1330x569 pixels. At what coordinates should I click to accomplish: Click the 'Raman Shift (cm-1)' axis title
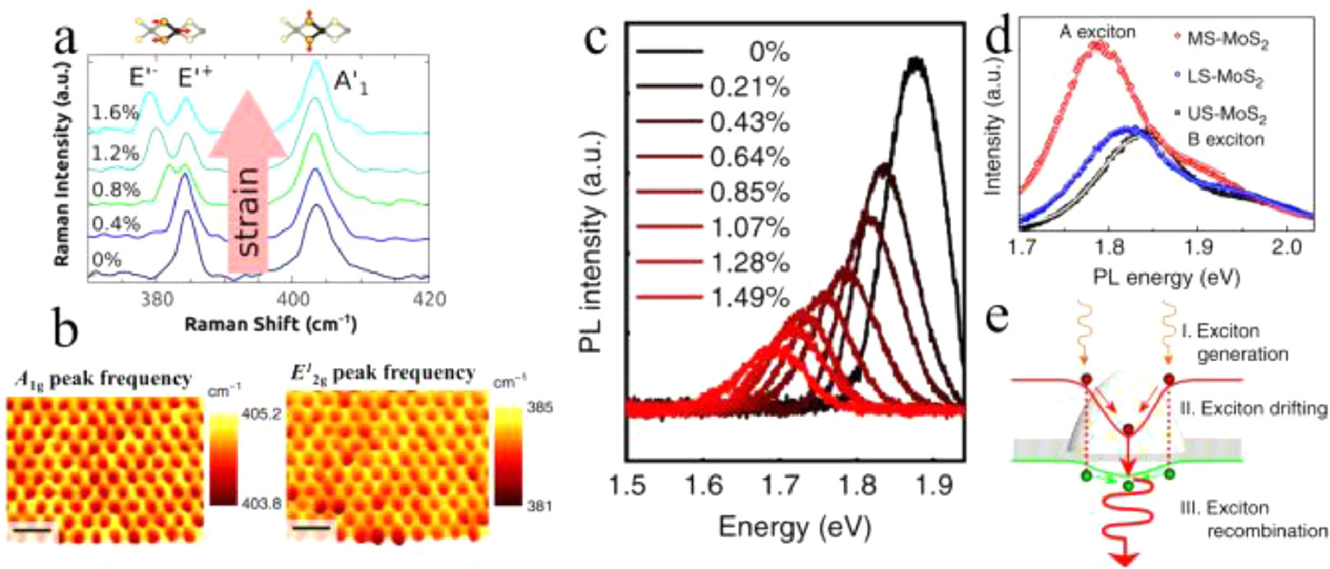coord(270,324)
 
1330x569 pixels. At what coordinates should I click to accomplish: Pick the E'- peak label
coord(144,78)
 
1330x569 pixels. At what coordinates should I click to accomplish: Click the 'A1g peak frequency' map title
coord(103,379)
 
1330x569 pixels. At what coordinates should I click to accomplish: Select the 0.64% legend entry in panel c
coord(749,157)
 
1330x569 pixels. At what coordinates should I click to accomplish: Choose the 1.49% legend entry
coord(749,297)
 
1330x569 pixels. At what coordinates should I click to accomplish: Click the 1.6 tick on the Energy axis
coord(704,485)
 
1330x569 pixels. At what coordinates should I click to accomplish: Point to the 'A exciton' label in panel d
coord(1097,32)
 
